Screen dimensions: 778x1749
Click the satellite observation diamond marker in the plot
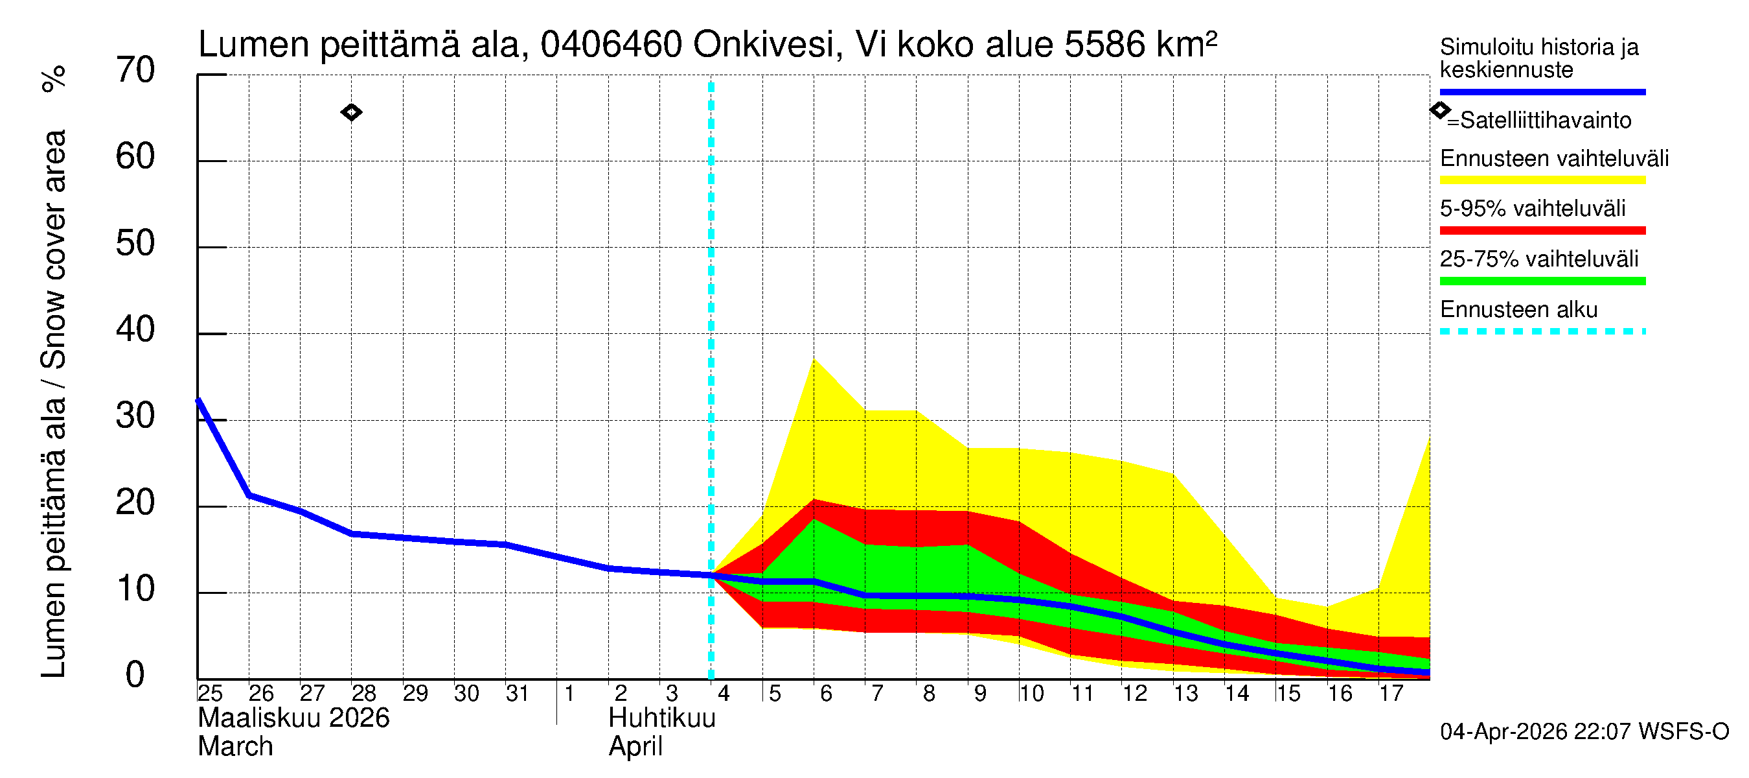coord(351,112)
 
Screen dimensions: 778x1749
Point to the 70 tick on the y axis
coord(135,71)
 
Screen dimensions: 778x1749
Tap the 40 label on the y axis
coord(135,330)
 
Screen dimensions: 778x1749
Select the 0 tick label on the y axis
coord(135,676)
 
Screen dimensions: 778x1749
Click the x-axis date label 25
coord(210,694)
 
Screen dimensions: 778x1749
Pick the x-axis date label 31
coord(518,694)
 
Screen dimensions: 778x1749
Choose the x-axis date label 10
coord(1031,694)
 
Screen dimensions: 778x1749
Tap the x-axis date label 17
coord(1391,694)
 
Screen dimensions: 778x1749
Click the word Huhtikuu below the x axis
coord(662,718)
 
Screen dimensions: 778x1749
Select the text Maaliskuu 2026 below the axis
coord(293,718)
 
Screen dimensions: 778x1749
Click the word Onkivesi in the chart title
coord(763,45)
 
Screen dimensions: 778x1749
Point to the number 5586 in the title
coord(1104,45)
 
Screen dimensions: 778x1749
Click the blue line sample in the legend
coord(1542,91)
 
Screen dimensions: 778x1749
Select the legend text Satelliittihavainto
coord(1546,121)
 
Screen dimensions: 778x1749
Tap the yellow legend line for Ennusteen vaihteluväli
coord(1542,180)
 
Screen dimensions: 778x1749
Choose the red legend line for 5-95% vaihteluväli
coord(1542,230)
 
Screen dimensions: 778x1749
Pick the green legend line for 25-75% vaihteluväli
coord(1542,281)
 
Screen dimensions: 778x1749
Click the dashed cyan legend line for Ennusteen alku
coord(1542,331)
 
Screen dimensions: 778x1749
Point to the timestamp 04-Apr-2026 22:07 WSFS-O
coord(1584,732)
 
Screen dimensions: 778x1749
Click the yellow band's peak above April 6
coord(814,360)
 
